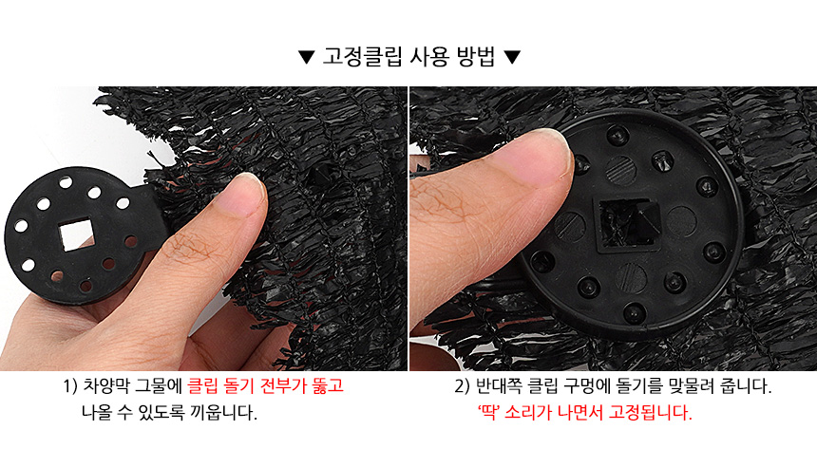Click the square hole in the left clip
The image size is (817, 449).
[x=77, y=234]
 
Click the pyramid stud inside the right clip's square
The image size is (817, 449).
[x=632, y=222]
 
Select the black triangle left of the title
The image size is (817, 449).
[x=306, y=57]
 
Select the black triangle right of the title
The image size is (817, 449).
[x=512, y=57]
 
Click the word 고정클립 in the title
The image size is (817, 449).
[x=362, y=56]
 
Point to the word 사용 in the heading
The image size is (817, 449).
[x=428, y=56]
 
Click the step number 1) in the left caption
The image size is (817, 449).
[x=70, y=386]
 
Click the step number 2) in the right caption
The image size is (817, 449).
[x=462, y=386]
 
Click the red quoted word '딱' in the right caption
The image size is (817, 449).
[x=488, y=413]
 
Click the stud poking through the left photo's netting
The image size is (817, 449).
[x=321, y=176]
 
